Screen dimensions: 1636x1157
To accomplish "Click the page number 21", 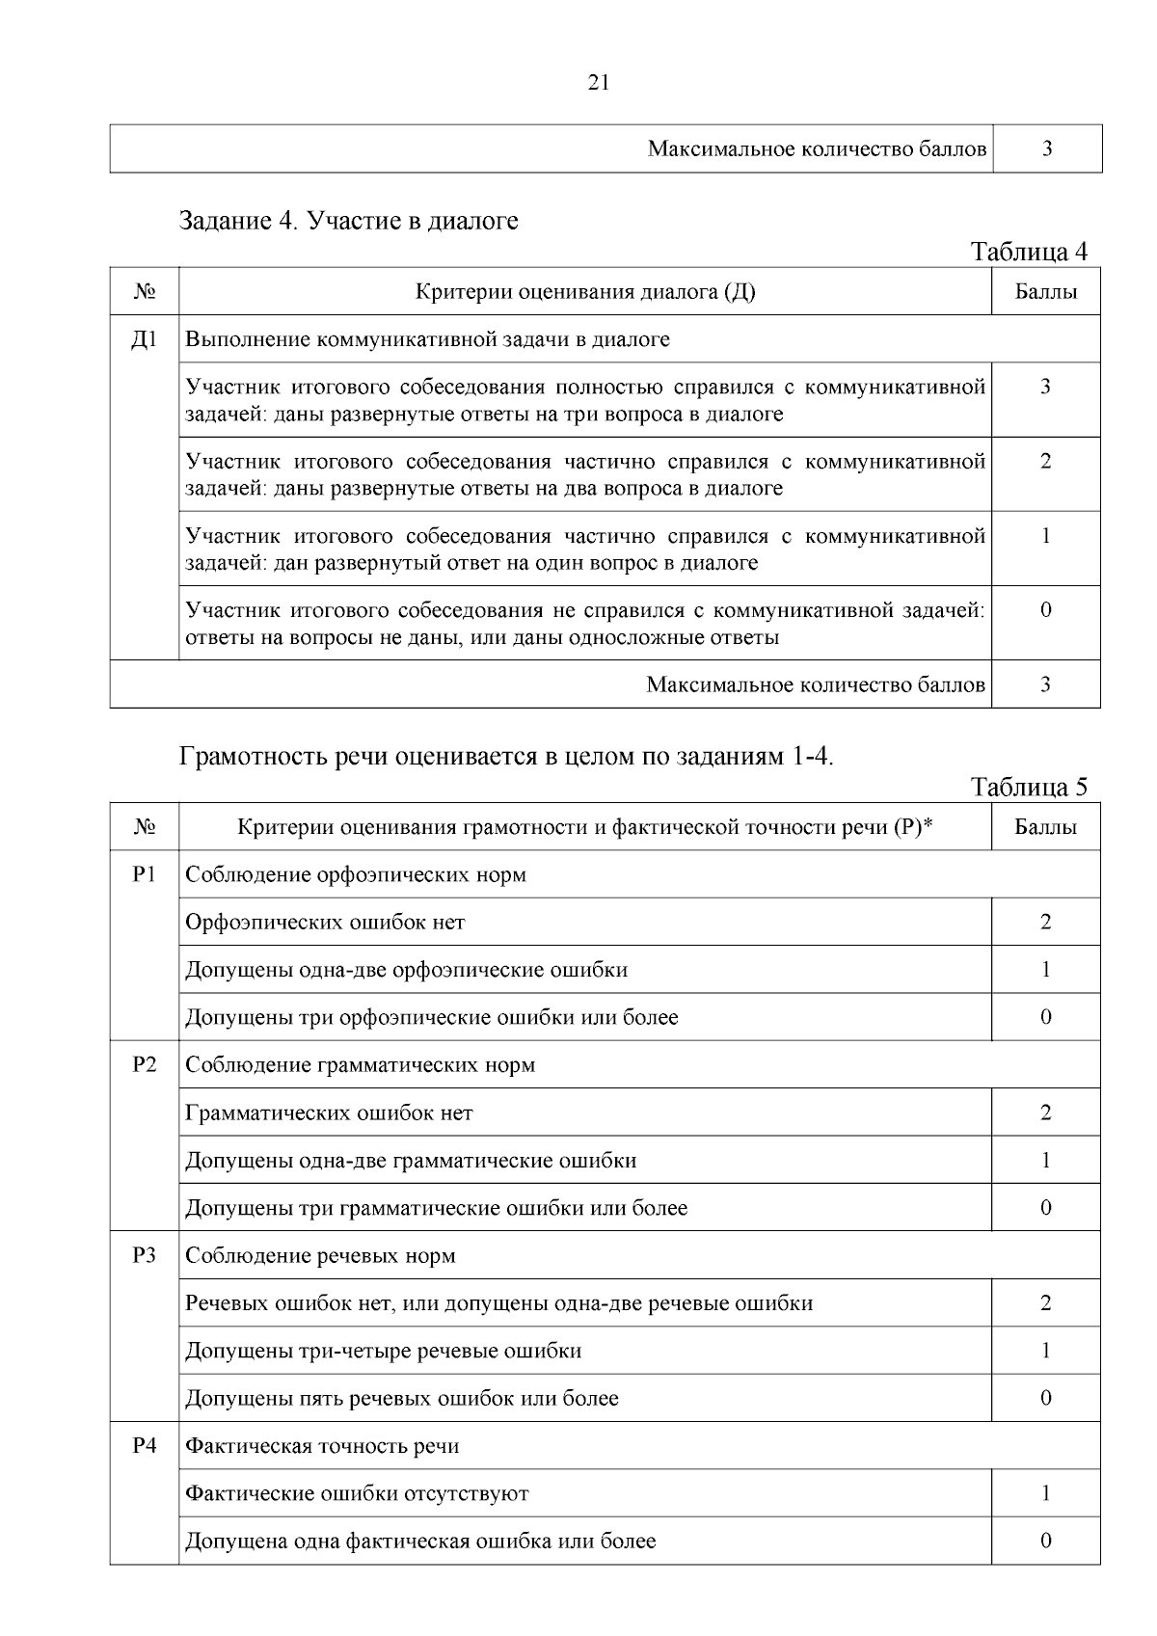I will click(x=598, y=83).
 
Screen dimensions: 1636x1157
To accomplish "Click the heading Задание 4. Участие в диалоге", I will click(x=349, y=221).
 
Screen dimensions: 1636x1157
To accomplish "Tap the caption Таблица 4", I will click(x=1029, y=252).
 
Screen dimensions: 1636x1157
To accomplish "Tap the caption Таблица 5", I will click(x=1029, y=787).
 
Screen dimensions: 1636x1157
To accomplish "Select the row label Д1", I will click(x=144, y=339).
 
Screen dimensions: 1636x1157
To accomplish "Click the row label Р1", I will click(x=144, y=874).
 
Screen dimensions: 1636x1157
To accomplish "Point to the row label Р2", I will click(x=144, y=1064).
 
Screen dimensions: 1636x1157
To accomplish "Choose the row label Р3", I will click(x=144, y=1255).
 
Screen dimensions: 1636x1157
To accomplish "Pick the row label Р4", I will click(x=144, y=1445).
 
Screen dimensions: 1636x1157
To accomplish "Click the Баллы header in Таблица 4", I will click(x=1045, y=291).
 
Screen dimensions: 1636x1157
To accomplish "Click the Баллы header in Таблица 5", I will click(x=1045, y=826).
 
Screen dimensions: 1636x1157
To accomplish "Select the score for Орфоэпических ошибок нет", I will click(x=1045, y=922).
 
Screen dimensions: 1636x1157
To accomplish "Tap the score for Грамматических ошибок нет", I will click(x=1045, y=1113).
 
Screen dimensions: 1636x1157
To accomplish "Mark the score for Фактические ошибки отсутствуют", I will click(x=1045, y=1493).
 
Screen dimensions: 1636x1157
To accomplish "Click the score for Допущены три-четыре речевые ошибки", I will click(x=1045, y=1351).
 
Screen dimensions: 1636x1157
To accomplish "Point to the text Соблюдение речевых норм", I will click(x=320, y=1255).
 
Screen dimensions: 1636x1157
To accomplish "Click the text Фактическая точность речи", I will click(x=322, y=1445).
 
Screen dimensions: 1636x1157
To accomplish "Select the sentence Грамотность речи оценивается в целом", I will click(x=506, y=756).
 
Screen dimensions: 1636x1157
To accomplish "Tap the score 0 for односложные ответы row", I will click(x=1045, y=610).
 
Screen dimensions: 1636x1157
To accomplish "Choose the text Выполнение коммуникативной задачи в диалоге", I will click(x=427, y=339).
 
